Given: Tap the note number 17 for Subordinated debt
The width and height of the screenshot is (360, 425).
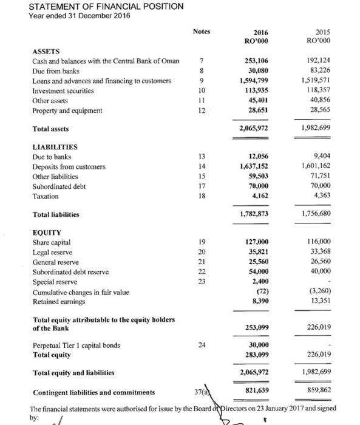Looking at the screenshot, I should point(202,186).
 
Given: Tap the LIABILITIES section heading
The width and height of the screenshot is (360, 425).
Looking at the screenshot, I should point(55,146).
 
